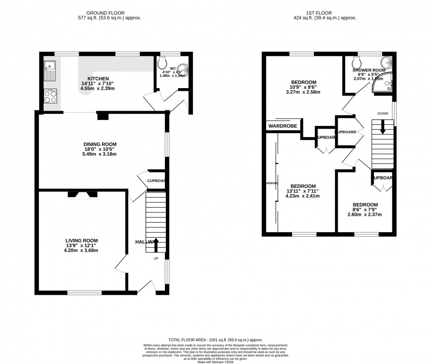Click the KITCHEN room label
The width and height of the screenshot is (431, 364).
[x=98, y=78]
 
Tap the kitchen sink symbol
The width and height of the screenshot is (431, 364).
[x=49, y=71]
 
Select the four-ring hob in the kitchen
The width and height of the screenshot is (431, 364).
[x=50, y=97]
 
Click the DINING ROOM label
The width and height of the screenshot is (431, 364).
[x=101, y=144]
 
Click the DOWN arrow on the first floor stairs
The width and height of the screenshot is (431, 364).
[x=382, y=127]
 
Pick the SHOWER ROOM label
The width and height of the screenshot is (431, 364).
[x=369, y=70]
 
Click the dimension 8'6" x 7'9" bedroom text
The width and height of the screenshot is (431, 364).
[x=365, y=210]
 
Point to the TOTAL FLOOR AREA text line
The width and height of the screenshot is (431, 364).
[x=215, y=340]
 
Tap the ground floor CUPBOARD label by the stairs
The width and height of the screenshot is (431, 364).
[x=156, y=181]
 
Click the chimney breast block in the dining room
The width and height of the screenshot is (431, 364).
[x=102, y=116]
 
